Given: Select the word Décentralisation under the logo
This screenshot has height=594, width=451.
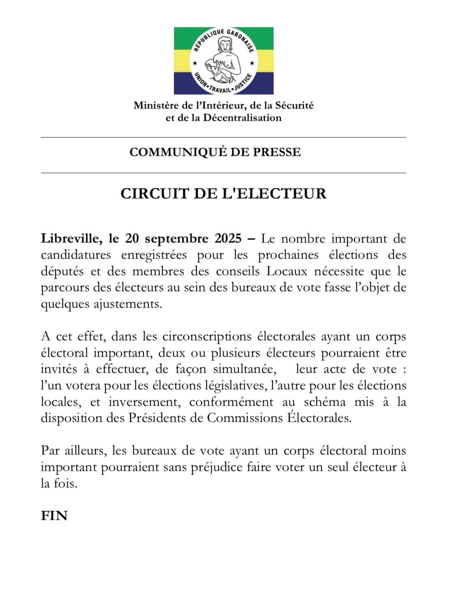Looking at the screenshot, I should pyautogui.click(x=242, y=118).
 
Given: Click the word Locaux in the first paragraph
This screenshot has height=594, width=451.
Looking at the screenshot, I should pyautogui.click(x=287, y=271).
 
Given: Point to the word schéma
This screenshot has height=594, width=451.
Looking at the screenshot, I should pyautogui.click(x=325, y=402).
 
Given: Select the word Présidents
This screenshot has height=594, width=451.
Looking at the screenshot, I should pyautogui.click(x=155, y=418).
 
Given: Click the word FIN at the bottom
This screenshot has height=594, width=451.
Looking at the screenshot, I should pyautogui.click(x=54, y=516).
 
